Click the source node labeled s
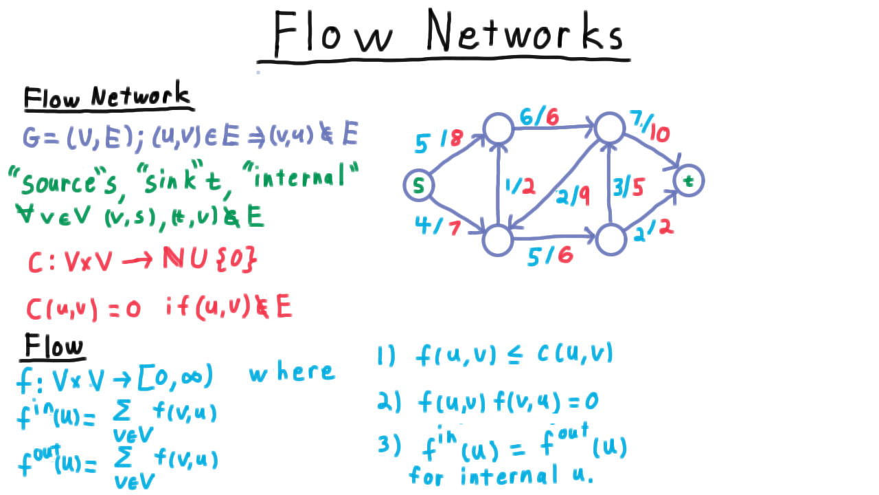[x=419, y=186]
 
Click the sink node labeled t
[x=689, y=181]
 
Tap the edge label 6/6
[x=539, y=116]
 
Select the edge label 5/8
[x=439, y=141]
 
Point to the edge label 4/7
[x=438, y=226]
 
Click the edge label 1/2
[x=521, y=186]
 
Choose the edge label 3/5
[x=628, y=188]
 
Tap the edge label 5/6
[x=551, y=257]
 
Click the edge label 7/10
[x=650, y=126]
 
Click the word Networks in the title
[x=524, y=31]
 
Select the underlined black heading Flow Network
[x=107, y=96]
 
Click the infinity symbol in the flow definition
[x=192, y=378]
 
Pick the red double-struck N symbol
[x=174, y=258]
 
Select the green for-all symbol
[x=26, y=213]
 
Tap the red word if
[x=177, y=306]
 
